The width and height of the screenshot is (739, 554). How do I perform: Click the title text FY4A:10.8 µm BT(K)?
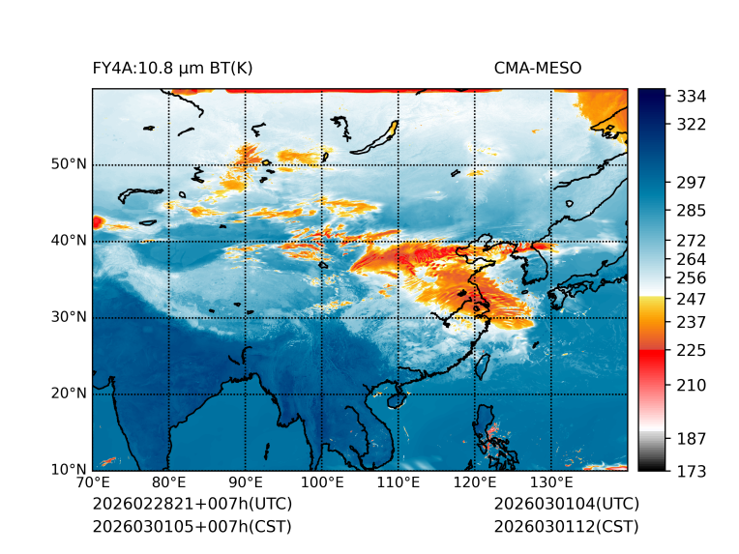(x=172, y=68)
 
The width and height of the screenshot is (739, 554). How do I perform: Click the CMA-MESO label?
(x=538, y=68)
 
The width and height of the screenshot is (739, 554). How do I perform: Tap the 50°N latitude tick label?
(x=69, y=164)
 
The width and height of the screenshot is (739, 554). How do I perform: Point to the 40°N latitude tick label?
(x=69, y=241)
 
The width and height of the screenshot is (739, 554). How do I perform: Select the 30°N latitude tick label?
(x=69, y=317)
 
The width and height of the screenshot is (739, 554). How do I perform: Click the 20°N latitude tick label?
(x=69, y=394)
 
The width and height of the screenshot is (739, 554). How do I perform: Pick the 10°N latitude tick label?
(x=69, y=471)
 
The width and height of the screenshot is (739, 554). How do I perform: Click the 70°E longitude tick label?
(x=93, y=482)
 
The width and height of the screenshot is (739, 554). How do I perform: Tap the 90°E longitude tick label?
(x=246, y=482)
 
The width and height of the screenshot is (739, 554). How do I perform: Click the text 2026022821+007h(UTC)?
(x=192, y=504)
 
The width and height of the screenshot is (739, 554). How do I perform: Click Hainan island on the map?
(x=395, y=399)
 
